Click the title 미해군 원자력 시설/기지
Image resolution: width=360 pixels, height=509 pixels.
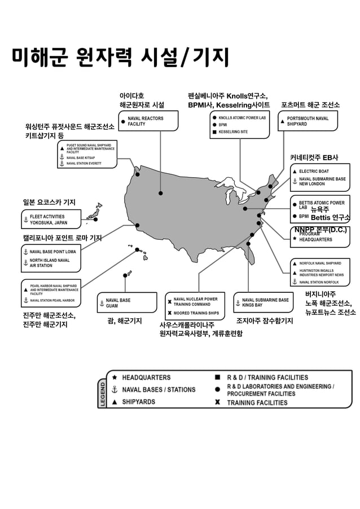[x=121, y=57]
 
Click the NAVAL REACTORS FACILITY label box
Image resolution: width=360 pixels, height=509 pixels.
[x=148, y=121]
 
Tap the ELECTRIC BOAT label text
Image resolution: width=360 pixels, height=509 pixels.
[x=314, y=170]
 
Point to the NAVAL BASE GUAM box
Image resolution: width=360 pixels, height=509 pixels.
[x=126, y=302]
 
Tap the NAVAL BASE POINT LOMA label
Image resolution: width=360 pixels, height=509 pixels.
[x=52, y=252]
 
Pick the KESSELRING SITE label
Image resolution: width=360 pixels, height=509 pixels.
[x=233, y=132]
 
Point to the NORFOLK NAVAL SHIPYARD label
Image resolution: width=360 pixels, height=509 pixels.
[x=320, y=263]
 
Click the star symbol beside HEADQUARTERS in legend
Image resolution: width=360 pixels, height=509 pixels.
[x=115, y=377]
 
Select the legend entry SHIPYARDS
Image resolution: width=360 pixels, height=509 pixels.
[x=138, y=402]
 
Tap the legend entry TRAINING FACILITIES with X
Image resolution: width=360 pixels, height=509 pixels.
[x=257, y=402]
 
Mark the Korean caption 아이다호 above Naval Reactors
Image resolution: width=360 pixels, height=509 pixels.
[x=131, y=95]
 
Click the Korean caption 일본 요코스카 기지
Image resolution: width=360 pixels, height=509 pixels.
[x=49, y=202]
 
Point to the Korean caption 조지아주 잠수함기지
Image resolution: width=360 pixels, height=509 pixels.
[x=264, y=321]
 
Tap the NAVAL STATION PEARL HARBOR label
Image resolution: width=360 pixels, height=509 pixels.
[x=52, y=300]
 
